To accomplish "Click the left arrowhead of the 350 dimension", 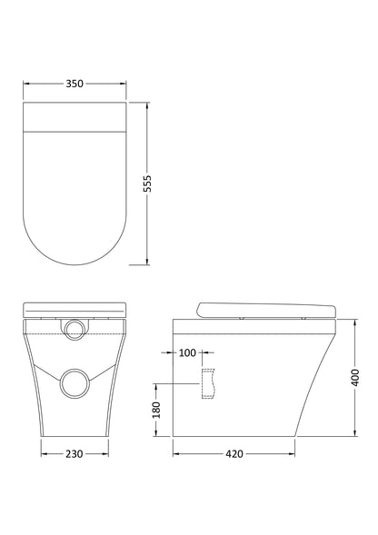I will (25, 84).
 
